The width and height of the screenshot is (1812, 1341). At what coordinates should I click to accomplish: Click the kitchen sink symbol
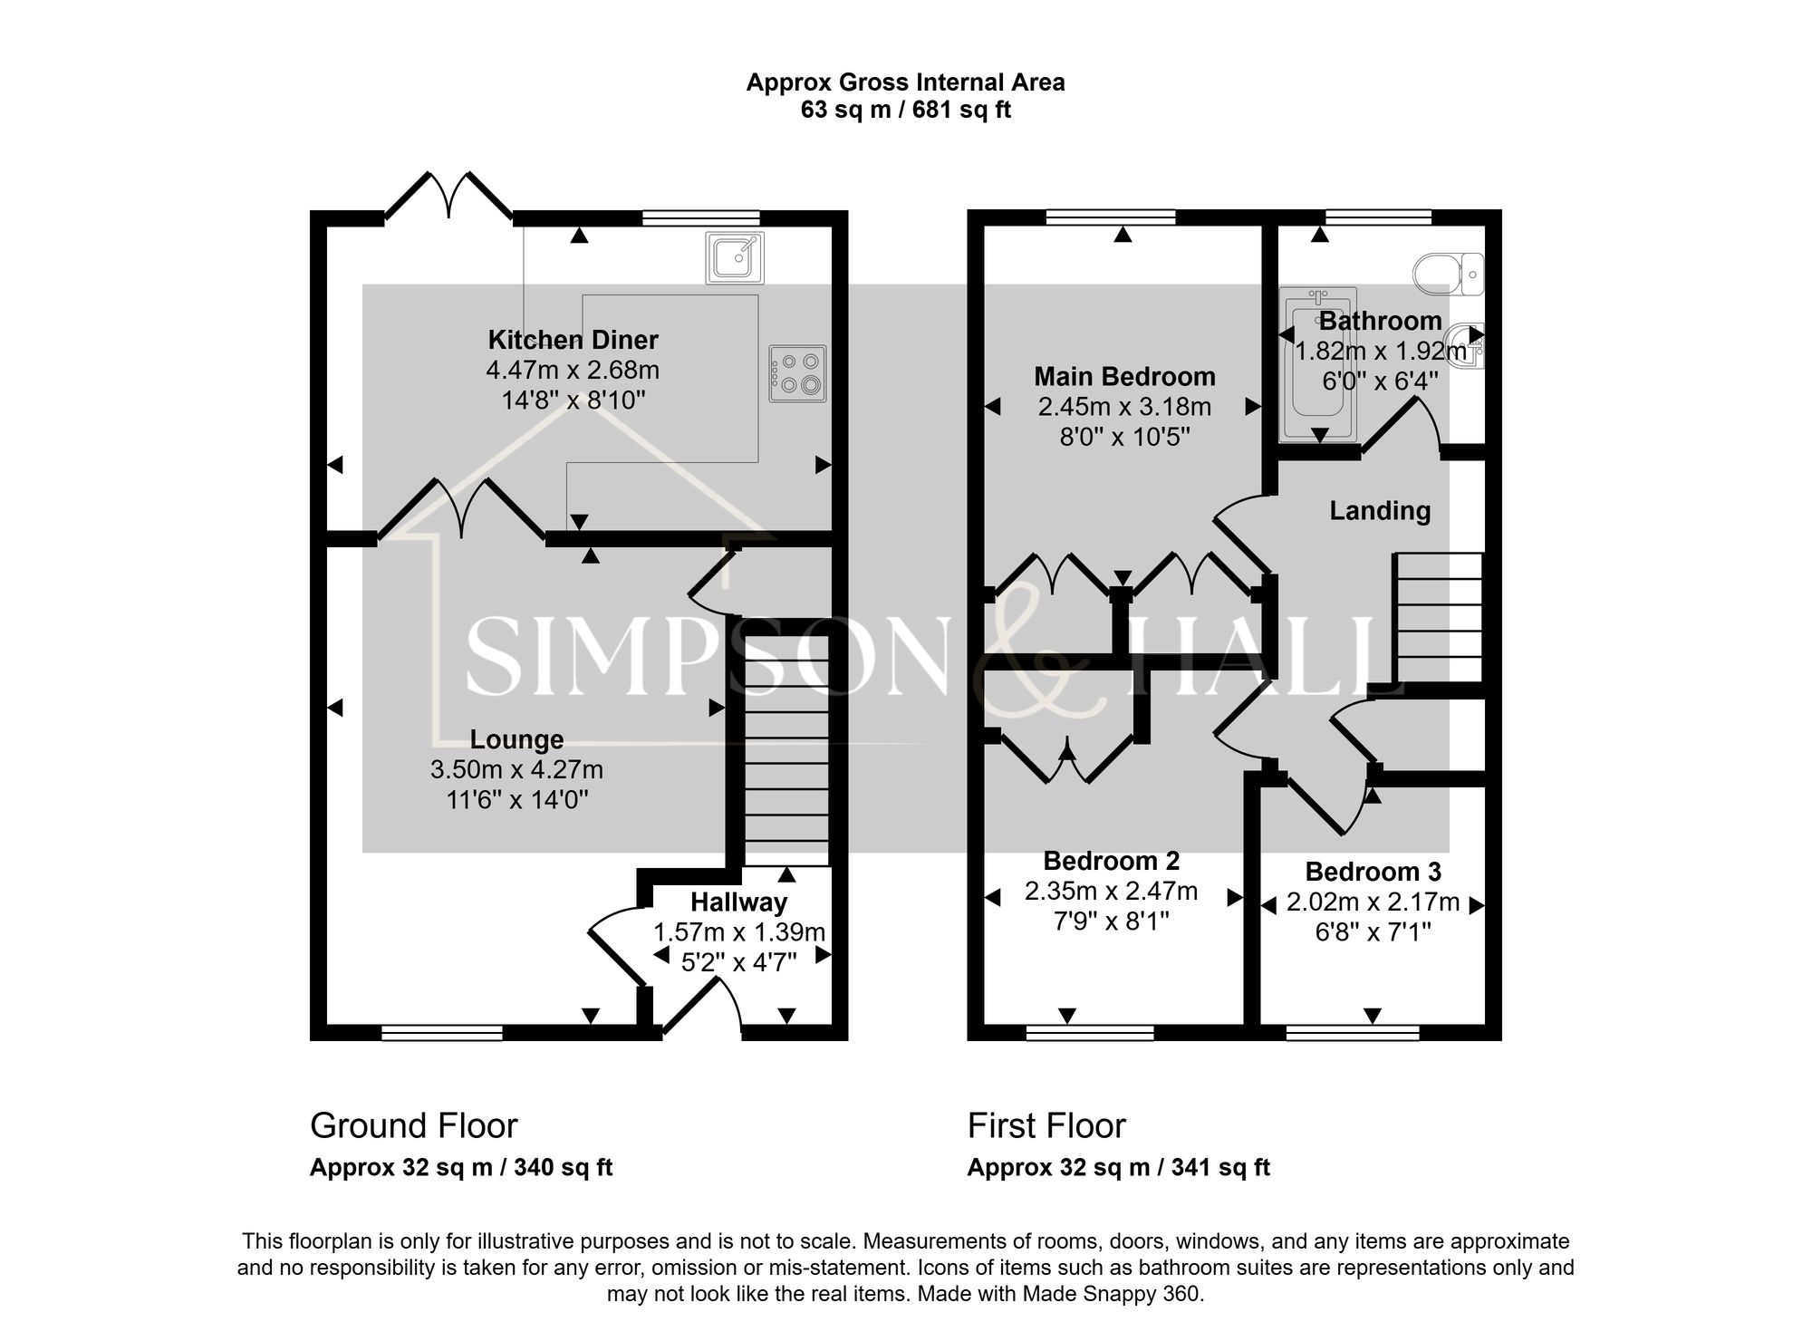[734, 257]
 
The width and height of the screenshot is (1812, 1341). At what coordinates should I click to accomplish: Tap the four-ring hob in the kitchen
[797, 373]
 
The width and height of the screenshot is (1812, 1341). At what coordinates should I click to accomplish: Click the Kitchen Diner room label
[573, 340]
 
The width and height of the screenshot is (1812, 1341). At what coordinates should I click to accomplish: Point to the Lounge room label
[516, 740]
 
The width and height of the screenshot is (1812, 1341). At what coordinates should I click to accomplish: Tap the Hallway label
[738, 902]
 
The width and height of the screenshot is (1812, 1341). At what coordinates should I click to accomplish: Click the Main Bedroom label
[1124, 376]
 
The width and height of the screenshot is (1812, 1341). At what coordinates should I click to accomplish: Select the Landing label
[1380, 511]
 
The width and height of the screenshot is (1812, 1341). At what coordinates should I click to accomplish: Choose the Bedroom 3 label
[1373, 872]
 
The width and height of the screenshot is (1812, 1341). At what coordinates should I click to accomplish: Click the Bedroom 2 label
[1111, 861]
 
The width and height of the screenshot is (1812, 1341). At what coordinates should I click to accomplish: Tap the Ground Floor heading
[413, 1126]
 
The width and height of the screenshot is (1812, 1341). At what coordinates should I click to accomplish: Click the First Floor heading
[1046, 1126]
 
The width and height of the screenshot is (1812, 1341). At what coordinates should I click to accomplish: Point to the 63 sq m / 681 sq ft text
[905, 111]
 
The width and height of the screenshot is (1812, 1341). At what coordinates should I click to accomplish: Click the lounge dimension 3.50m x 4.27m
[516, 770]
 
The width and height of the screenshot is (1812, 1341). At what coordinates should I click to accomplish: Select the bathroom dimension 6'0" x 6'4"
[1380, 381]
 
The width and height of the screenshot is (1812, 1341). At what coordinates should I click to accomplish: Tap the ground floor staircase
[786, 752]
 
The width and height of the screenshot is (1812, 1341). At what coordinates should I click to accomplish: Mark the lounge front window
[442, 1033]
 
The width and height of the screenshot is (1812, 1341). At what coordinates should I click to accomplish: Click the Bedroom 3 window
[1353, 1033]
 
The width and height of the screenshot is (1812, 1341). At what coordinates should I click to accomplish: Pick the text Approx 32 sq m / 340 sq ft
[461, 1168]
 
